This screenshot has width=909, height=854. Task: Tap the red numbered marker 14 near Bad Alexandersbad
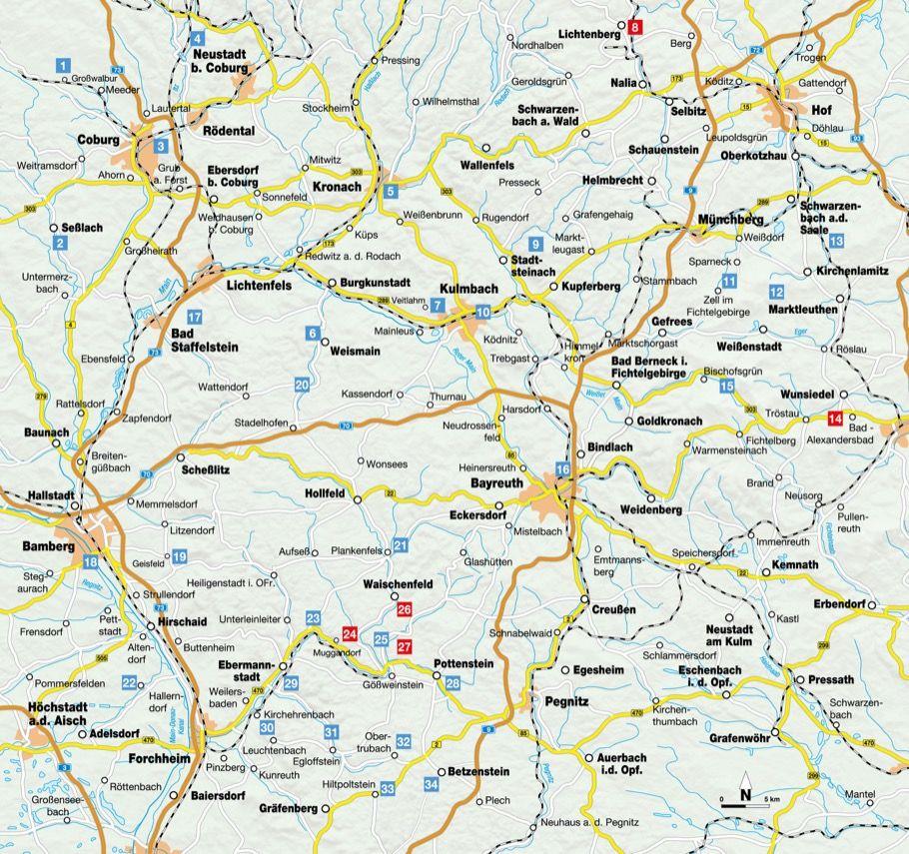click(835, 419)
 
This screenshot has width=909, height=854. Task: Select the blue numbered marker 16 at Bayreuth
click(563, 470)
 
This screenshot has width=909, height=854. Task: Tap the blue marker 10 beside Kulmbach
click(482, 313)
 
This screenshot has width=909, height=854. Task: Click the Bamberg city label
click(48, 546)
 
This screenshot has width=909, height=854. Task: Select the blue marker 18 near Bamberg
click(91, 562)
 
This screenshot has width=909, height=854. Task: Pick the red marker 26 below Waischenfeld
click(405, 609)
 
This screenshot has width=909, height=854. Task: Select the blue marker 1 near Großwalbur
click(64, 67)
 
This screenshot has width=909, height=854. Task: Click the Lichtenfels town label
click(259, 285)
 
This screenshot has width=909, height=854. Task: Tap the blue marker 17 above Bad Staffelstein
click(196, 317)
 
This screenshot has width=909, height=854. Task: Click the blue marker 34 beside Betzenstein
click(431, 786)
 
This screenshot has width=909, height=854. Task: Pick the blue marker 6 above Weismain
click(313, 334)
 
